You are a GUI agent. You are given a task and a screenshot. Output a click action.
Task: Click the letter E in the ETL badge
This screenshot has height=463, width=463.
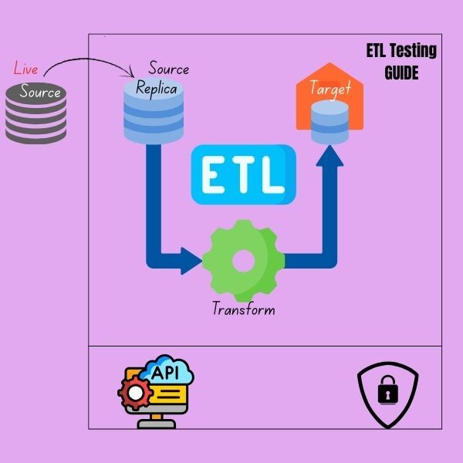coord(212,175)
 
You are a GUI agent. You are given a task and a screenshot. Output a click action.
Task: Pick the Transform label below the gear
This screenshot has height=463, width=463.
coord(244,310)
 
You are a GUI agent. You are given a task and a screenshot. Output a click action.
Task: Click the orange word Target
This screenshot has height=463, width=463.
coord(330,88)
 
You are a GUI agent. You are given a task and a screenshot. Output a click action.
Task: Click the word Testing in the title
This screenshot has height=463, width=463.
coord(414,52)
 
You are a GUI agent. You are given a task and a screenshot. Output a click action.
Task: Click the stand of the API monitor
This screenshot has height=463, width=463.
coord(160,421)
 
